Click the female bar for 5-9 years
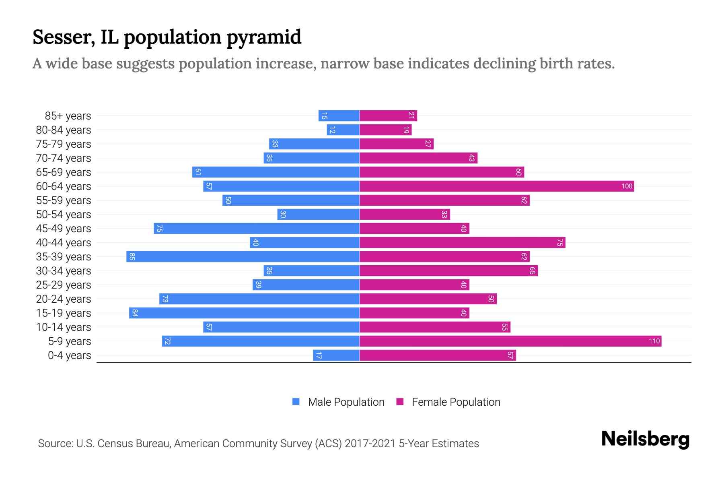pos(510,341)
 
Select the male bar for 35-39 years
pos(243,257)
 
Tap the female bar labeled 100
pos(497,186)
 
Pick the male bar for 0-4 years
pos(336,355)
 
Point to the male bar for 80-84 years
pos(343,130)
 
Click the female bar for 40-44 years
pos(462,243)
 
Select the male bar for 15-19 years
pos(244,313)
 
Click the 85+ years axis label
pos(68,116)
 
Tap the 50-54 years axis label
pos(64,215)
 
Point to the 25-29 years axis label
pos(64,285)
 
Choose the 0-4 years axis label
pos(69,355)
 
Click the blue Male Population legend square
pos(296,402)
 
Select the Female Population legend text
pos(456,402)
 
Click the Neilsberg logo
pos(645,439)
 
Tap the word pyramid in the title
pos(263,37)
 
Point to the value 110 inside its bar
pos(654,341)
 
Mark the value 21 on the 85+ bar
pos(411,116)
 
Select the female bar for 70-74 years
pos(418,158)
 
